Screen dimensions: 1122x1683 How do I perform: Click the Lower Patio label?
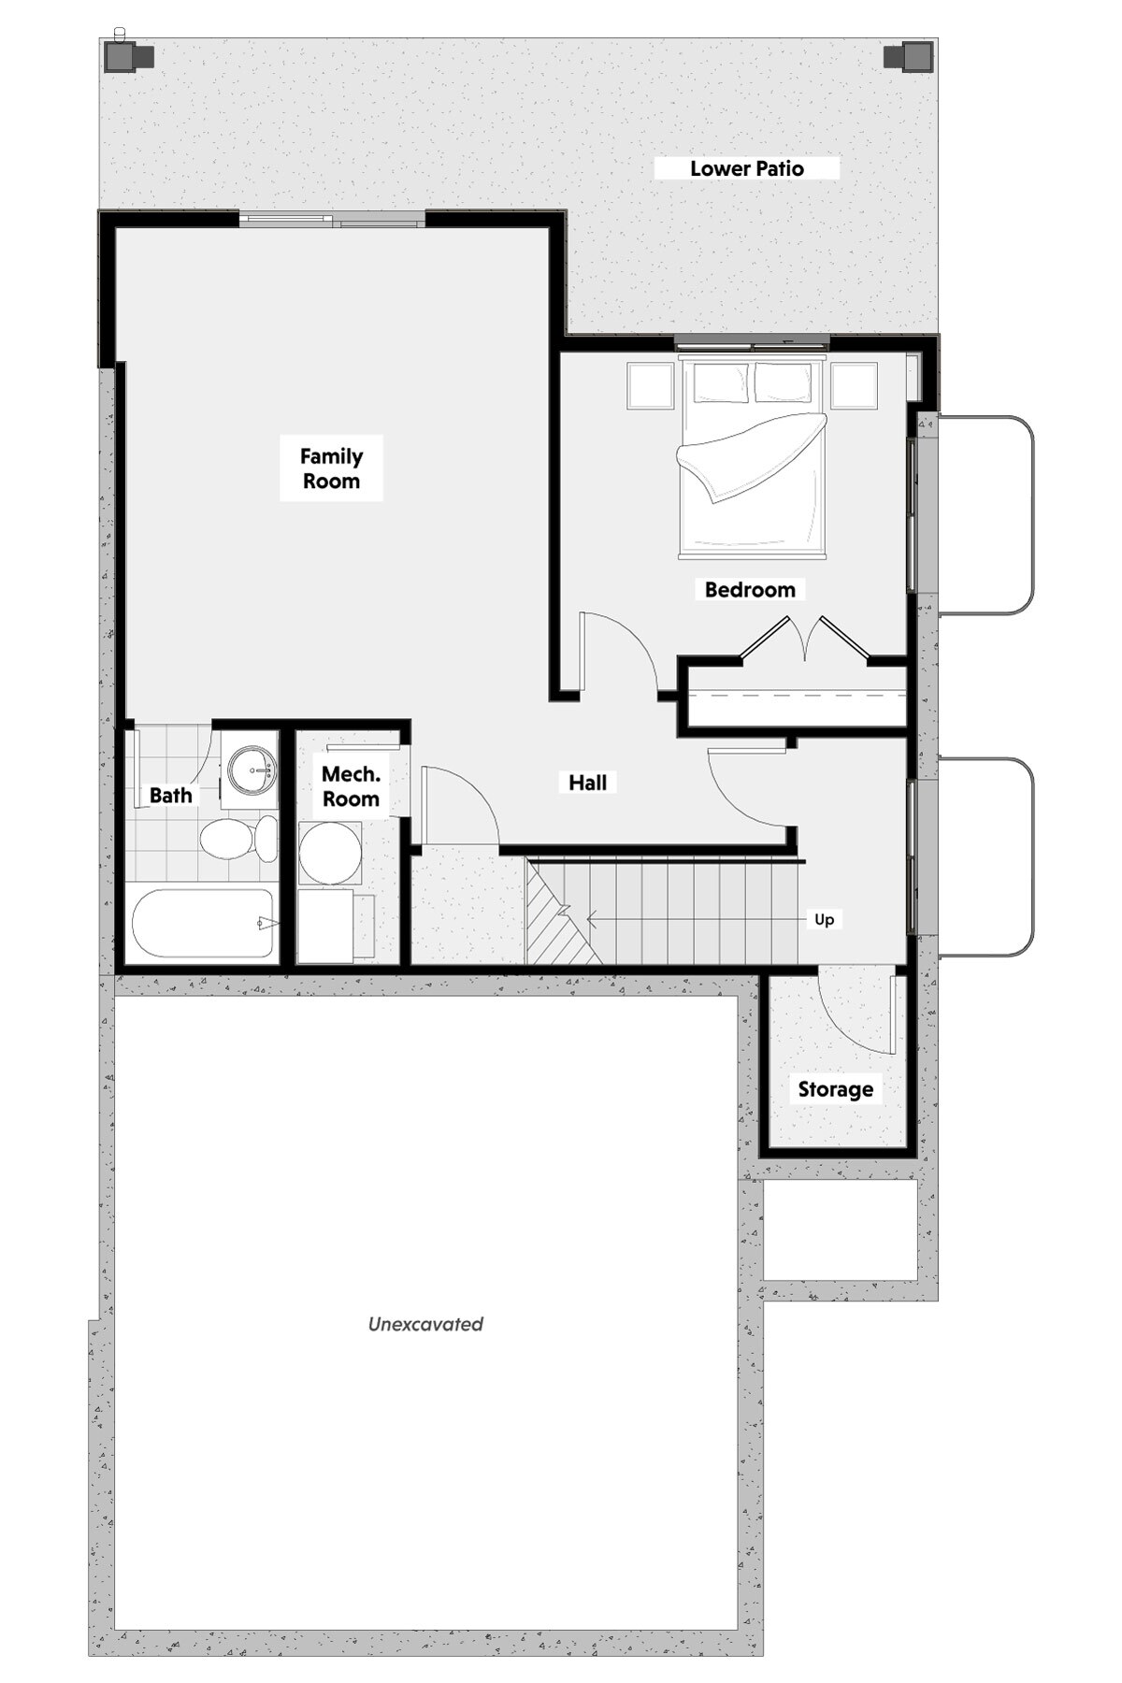pos(747,168)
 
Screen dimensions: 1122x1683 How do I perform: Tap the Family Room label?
pos(331,468)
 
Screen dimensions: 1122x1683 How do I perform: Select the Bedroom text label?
pos(750,590)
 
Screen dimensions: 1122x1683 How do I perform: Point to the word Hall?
pos(588,783)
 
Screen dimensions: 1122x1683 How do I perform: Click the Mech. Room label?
pos(351,786)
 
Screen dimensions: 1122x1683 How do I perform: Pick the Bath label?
pos(171,796)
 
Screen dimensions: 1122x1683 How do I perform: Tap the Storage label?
pos(836,1089)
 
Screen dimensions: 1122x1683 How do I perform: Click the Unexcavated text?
pos(425,1324)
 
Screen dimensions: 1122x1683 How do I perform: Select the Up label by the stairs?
pos(824,919)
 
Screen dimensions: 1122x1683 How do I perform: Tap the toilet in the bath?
pos(239,839)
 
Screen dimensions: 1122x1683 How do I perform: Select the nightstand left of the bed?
pos(651,385)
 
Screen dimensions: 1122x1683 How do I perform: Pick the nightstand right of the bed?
pos(854,385)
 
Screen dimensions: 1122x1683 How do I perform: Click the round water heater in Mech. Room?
pos(331,853)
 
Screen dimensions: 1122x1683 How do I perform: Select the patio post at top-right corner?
pos(908,57)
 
